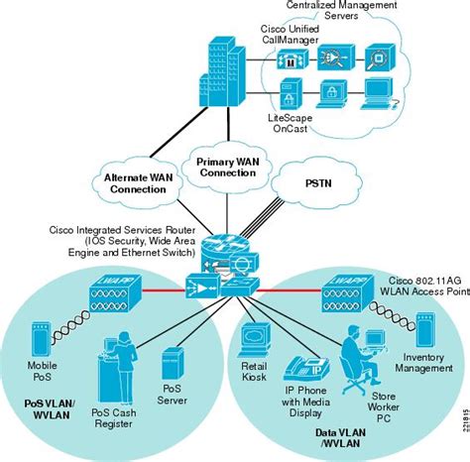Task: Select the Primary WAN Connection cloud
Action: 227,167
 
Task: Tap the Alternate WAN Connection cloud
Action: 140,184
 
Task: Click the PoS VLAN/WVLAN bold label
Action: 43,411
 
